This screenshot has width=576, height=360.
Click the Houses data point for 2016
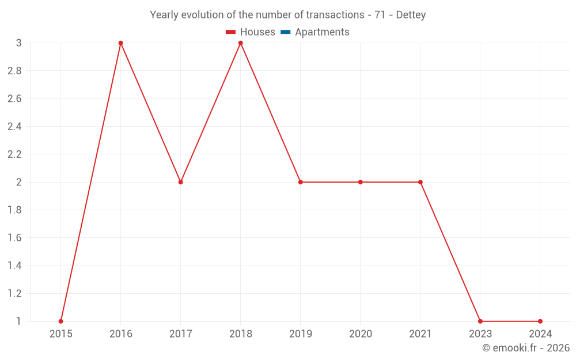click(x=121, y=43)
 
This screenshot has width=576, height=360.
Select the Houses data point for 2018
click(x=241, y=43)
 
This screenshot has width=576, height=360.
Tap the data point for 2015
click(x=61, y=321)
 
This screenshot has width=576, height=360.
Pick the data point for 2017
click(x=181, y=182)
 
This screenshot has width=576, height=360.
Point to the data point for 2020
click(x=361, y=182)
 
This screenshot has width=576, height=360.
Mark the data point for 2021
click(x=420, y=182)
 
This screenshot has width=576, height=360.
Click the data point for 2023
click(x=480, y=321)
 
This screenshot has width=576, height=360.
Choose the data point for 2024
click(x=540, y=321)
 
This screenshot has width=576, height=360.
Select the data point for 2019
click(x=301, y=182)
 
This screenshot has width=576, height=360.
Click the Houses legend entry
click(x=251, y=32)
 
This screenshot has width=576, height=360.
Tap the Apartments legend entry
click(x=316, y=32)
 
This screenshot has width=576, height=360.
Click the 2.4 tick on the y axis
click(x=14, y=127)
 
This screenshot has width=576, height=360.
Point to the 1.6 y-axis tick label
click(x=14, y=238)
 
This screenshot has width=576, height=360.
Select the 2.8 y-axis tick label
click(x=14, y=71)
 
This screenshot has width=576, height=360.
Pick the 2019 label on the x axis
click(x=301, y=334)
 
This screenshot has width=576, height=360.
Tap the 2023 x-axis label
click(x=480, y=334)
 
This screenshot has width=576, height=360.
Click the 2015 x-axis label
click(x=61, y=334)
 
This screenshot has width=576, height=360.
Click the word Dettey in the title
click(x=411, y=15)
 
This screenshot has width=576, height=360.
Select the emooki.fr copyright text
click(x=526, y=348)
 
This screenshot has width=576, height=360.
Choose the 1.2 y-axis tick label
click(x=14, y=293)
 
